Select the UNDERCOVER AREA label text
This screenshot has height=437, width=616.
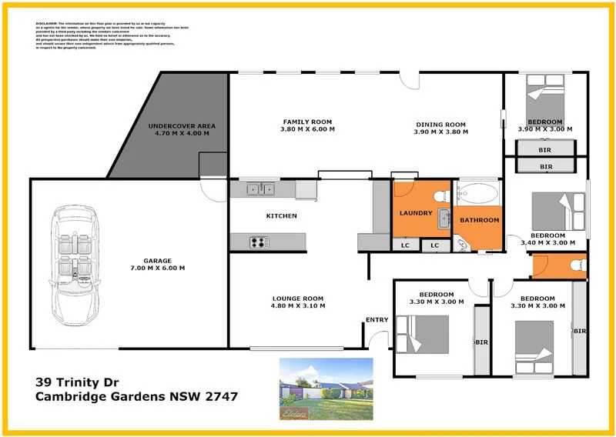coord(182,125)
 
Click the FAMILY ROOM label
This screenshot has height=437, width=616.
coord(306,122)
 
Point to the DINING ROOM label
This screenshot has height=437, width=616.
coord(441,125)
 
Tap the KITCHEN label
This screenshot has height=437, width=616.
coord(281,216)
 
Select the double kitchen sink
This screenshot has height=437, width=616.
coord(261,188)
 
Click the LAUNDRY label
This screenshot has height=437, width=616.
coord(415,213)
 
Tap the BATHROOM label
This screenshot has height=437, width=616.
coord(479,220)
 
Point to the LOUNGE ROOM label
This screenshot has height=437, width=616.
coord(298,298)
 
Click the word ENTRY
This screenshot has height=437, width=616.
coord(377,320)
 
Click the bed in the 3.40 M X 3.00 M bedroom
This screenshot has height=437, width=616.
coord(560,209)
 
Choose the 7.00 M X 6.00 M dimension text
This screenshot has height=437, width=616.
coord(158,269)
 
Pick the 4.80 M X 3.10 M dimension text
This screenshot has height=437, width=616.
coord(298,306)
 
